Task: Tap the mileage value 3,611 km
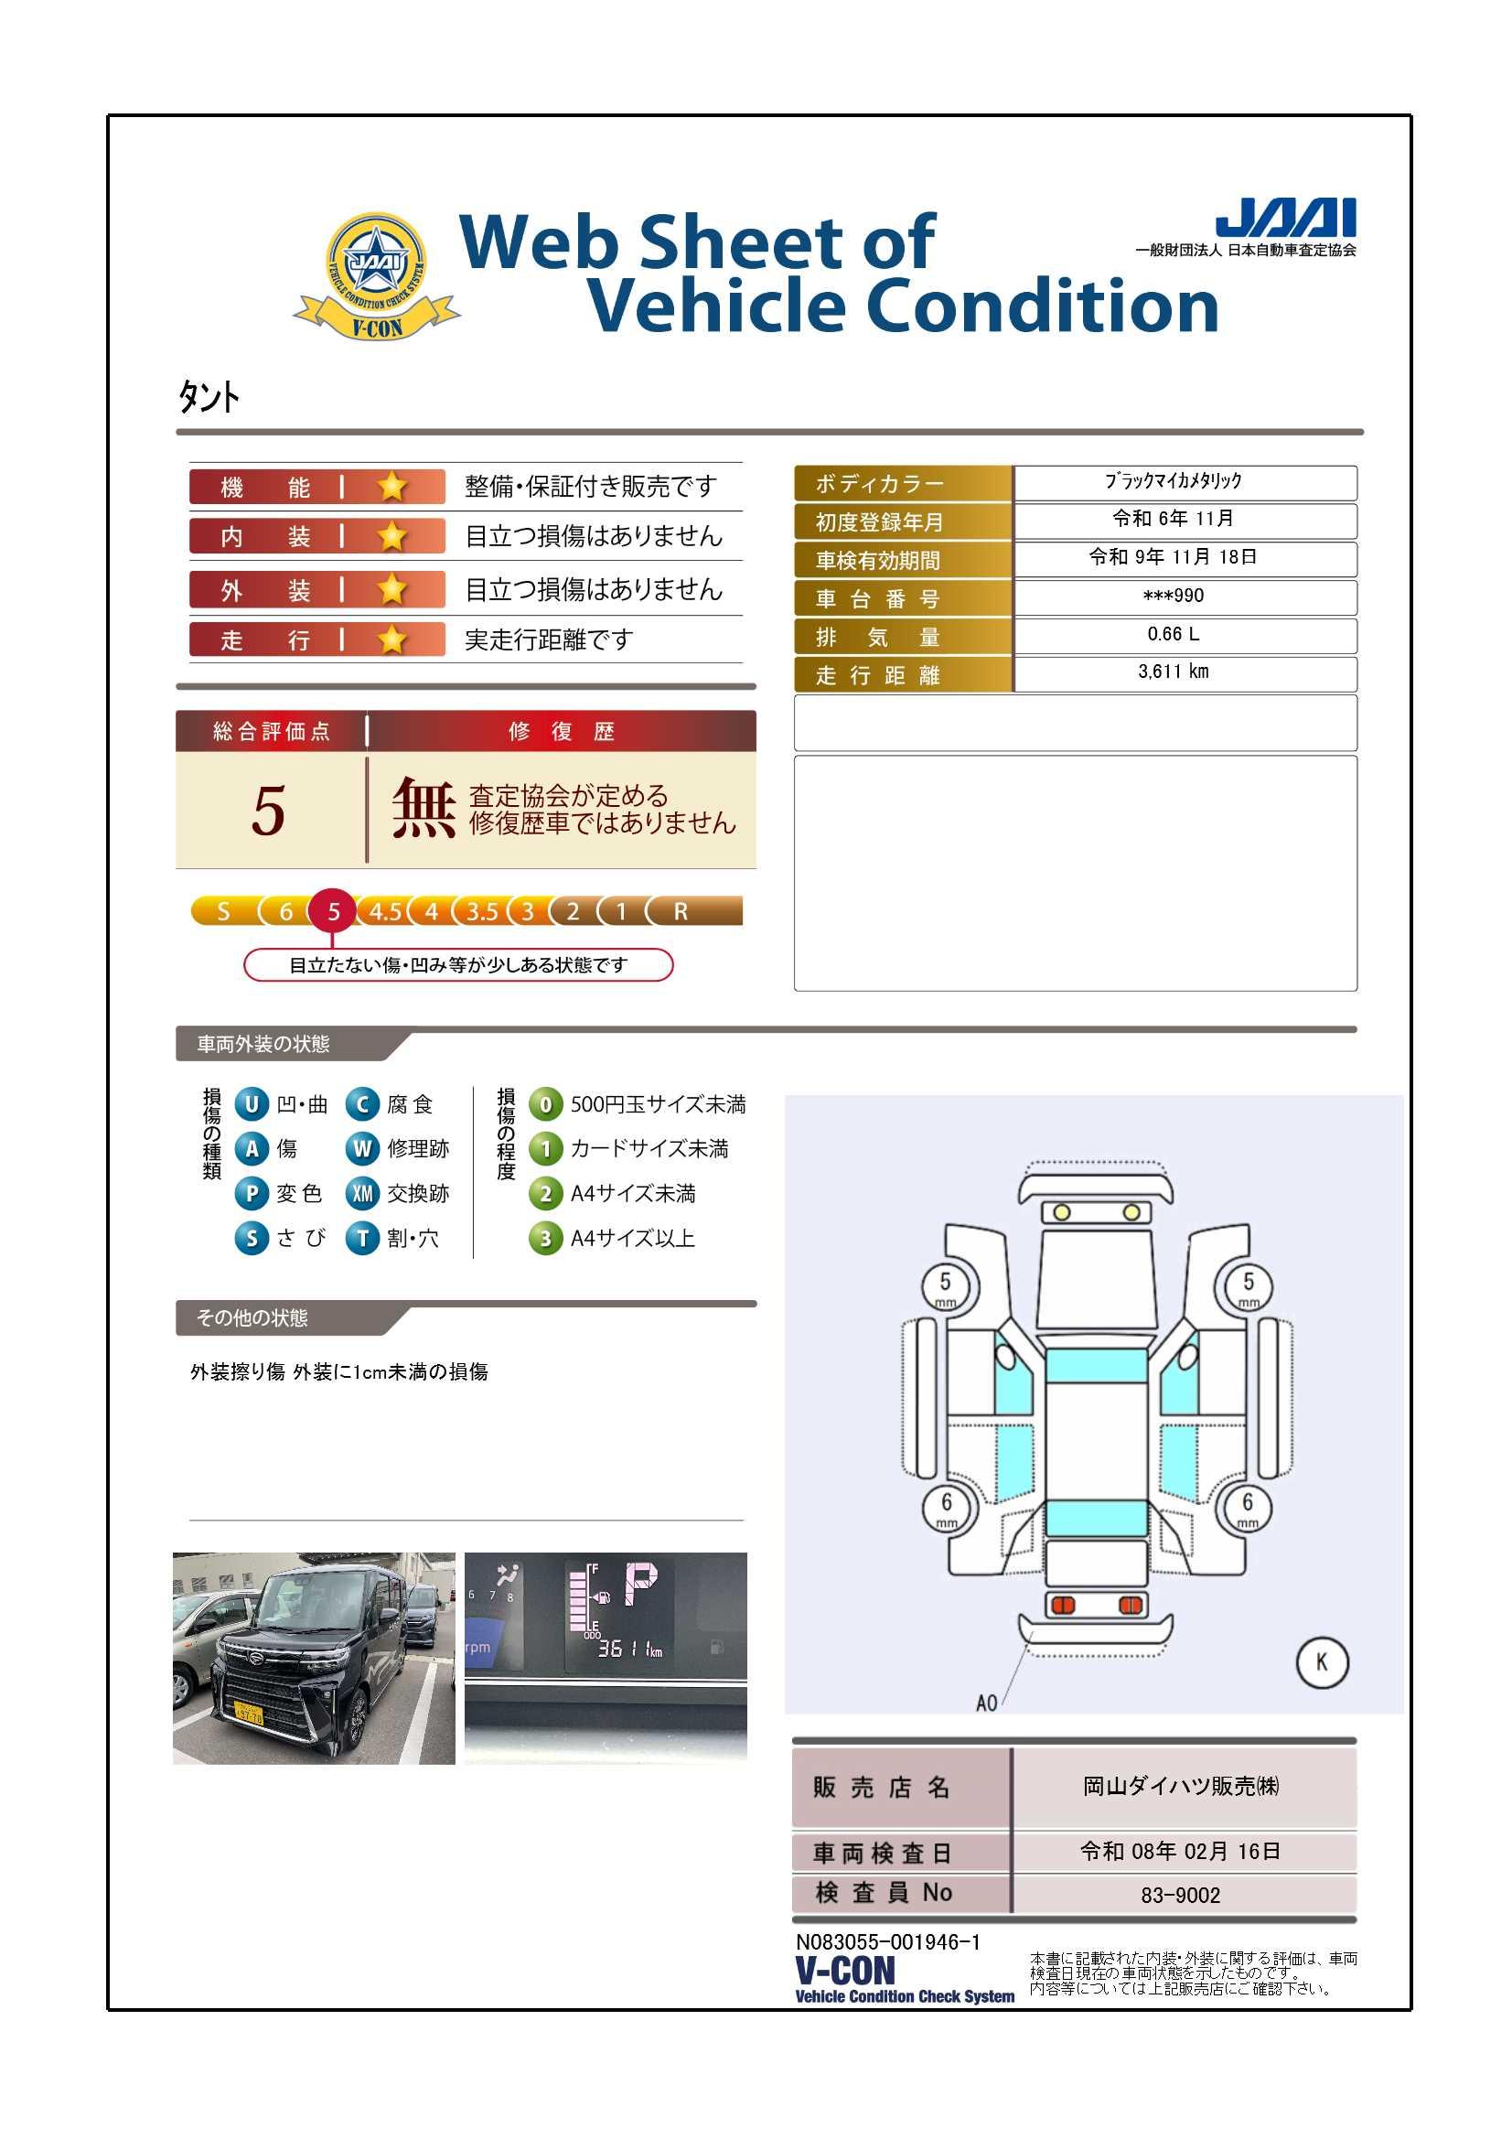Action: pos(1173,672)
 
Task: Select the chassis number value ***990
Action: pos(1173,596)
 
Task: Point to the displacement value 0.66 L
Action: pos(1173,634)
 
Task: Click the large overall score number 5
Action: pos(268,810)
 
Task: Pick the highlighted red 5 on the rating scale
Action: pos(333,911)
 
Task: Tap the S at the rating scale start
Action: pos(222,911)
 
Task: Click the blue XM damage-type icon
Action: pos(362,1193)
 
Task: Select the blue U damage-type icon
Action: pos(251,1104)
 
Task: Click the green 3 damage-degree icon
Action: pos(545,1238)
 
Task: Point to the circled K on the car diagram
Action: pos(1321,1662)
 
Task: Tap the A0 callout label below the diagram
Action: pos(986,1703)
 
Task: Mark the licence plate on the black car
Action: pos(248,1713)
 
